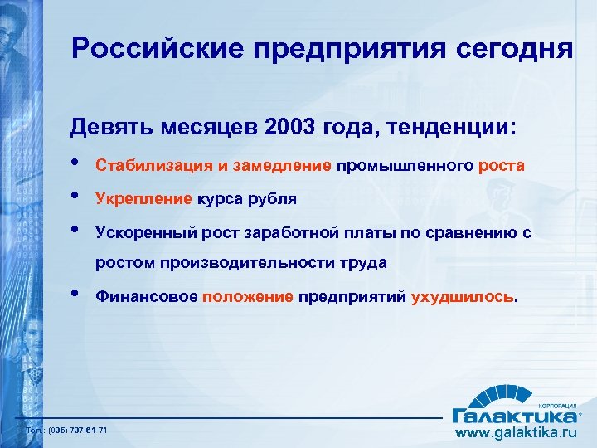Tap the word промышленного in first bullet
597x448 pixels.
click(x=405, y=165)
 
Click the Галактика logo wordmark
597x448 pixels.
click(x=513, y=414)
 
